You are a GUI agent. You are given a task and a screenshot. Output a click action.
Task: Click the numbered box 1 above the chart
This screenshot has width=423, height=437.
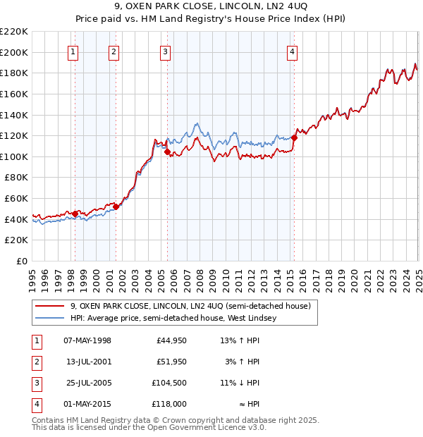pos(73,51)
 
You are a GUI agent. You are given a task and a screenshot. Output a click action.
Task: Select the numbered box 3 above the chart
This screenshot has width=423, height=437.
pos(165,51)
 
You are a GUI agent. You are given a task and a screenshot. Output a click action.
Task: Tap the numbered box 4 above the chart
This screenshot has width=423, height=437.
pos(291,51)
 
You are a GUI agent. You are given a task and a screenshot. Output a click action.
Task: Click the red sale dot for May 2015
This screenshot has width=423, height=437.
pos(294,138)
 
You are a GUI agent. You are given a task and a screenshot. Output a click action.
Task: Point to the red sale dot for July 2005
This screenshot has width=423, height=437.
pos(167,152)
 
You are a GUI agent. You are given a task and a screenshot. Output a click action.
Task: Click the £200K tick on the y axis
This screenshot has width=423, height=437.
pos(15,52)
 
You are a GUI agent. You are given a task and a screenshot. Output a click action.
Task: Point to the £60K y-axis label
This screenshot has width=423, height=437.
pos(17,199)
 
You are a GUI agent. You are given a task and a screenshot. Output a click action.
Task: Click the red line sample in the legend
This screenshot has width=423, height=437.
pos(49,306)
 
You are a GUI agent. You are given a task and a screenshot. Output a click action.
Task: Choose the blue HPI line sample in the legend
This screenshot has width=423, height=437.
pos(49,318)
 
